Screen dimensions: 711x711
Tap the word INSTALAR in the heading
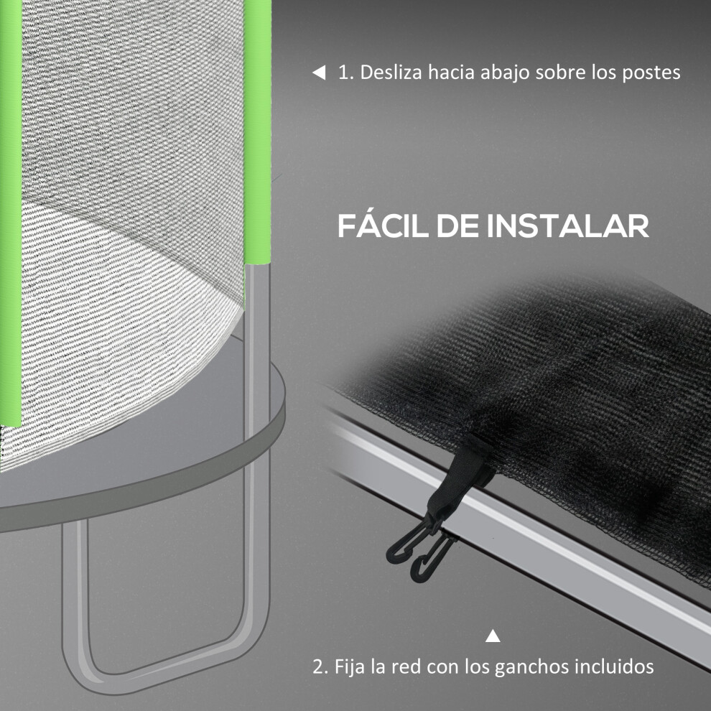coord(567,226)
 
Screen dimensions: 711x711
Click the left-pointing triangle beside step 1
coord(319,73)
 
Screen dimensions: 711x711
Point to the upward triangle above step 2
coord(493,636)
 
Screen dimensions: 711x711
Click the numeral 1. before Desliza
coord(346,73)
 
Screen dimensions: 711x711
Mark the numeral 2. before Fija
coord(320,667)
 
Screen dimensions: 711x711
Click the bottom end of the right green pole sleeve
coord(258,263)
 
